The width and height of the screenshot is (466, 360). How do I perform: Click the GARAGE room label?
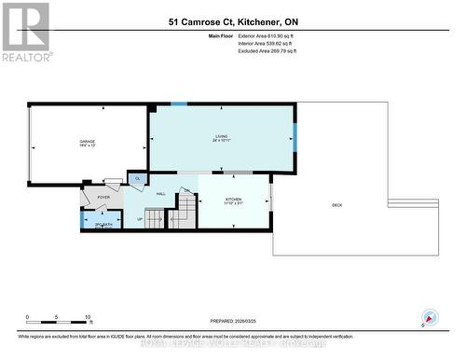pos(87,142)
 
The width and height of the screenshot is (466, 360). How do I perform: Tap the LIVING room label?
pos(221,138)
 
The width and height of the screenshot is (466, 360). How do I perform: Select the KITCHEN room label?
pos(234,201)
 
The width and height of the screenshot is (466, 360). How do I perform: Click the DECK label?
pos(336,205)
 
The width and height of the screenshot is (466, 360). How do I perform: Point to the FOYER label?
pos(103,198)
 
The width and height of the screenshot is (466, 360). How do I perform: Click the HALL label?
pos(160,193)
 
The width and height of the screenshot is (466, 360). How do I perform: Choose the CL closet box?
pos(138,178)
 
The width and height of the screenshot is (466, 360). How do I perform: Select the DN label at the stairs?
pos(186,191)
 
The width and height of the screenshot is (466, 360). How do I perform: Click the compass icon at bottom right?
pos(430,317)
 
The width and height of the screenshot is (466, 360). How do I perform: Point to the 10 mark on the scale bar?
pos(88,317)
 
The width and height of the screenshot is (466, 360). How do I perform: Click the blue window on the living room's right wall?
pos(295,136)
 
